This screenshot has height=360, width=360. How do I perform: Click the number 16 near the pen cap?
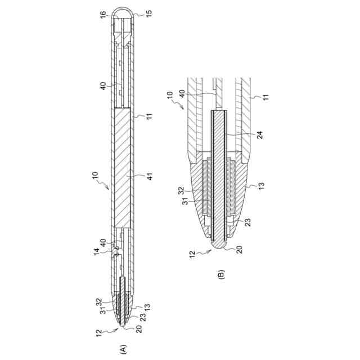(x=103, y=13)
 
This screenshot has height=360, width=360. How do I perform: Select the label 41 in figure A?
(x=150, y=176)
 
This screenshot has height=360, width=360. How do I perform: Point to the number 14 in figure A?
(x=96, y=251)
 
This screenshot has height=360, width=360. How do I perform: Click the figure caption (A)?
(x=123, y=349)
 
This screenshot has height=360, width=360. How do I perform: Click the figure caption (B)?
(x=221, y=274)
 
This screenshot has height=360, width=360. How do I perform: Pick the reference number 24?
(x=260, y=135)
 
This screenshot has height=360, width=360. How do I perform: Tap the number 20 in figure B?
(x=239, y=249)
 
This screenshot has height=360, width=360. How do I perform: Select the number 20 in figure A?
(x=139, y=329)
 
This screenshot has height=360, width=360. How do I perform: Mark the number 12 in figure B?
(x=192, y=254)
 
